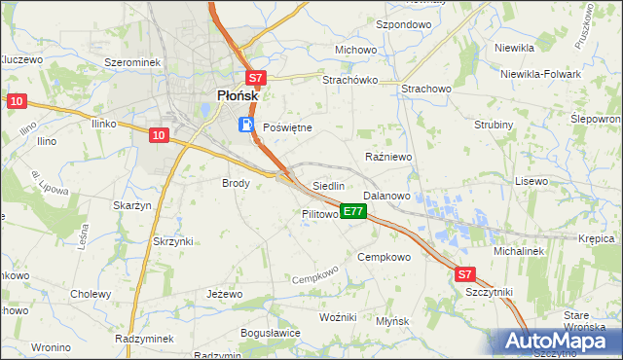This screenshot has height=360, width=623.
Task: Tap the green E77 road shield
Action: coord(353,211)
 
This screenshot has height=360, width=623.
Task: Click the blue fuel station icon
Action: coord(247,125)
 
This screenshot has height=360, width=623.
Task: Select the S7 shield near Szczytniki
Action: coord(465,275)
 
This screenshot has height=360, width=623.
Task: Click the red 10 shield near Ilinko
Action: coord(161,136)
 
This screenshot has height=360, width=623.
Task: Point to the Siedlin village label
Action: coord(328,185)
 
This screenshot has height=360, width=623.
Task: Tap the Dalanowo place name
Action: coord(386,196)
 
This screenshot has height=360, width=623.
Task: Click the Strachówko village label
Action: coord(349,81)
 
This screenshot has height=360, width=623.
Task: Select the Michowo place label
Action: coord(355,50)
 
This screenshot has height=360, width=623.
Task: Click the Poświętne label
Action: coord(287,127)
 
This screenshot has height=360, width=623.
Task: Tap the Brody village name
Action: coord(237,182)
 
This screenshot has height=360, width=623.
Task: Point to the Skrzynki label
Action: coord(173,240)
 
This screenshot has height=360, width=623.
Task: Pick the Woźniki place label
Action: coord(339,318)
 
